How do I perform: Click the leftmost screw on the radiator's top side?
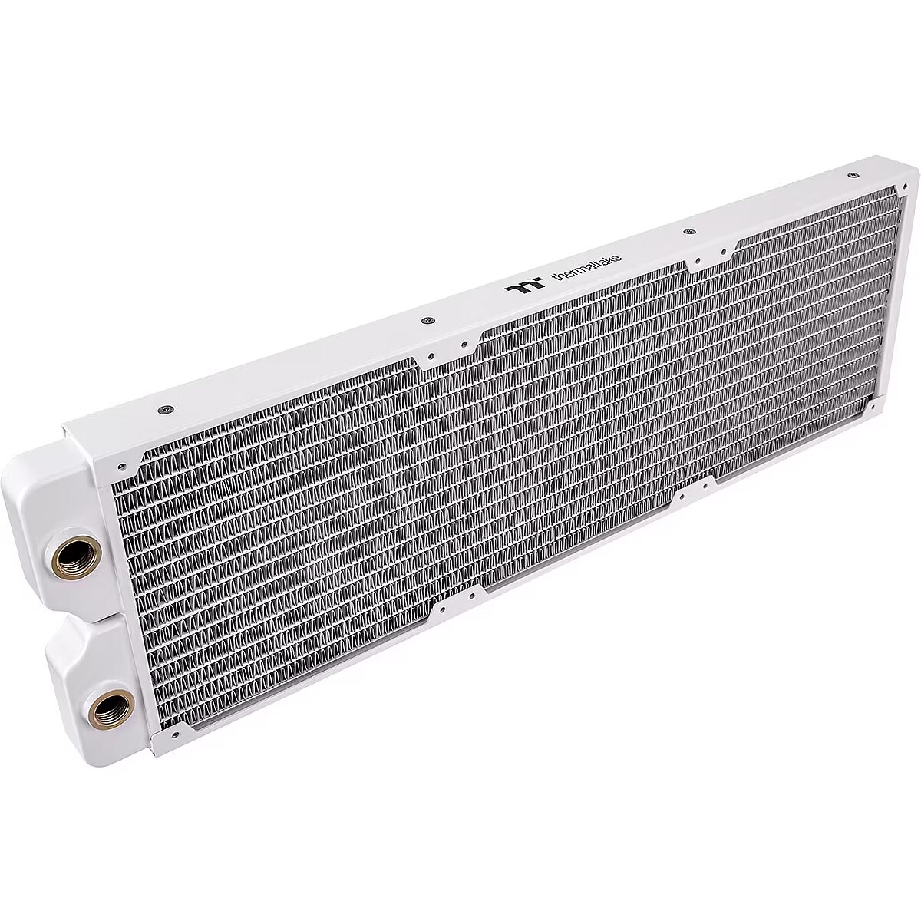click(x=165, y=409)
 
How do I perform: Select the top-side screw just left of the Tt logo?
click(x=427, y=320)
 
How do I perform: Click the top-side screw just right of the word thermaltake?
click(x=688, y=232)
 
